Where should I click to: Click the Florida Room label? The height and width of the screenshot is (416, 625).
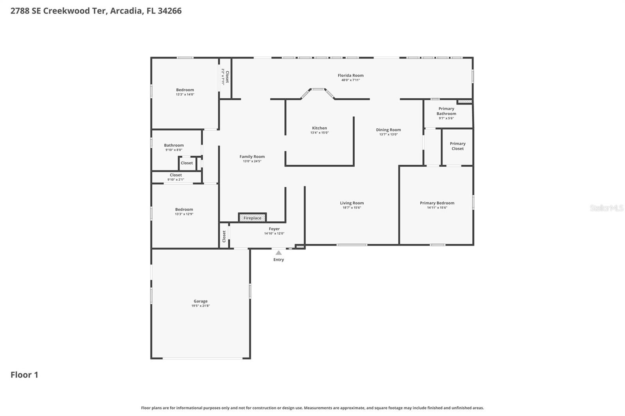(350, 75)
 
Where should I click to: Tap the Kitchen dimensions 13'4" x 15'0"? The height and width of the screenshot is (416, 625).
(319, 133)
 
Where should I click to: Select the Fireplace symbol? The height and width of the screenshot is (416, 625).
(252, 218)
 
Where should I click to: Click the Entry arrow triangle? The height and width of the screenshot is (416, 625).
(279, 253)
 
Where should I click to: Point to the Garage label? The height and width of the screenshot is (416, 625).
(200, 301)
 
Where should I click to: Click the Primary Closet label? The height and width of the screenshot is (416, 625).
(457, 146)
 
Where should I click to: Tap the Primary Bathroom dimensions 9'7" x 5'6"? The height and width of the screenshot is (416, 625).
(446, 118)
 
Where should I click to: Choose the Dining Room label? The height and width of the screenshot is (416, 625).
(388, 130)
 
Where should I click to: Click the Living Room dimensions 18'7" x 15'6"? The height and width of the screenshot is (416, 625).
(352, 208)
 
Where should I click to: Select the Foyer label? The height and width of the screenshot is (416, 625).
(274, 229)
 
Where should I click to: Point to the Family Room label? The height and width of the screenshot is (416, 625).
(252, 156)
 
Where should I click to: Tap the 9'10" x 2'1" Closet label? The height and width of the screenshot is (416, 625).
(176, 175)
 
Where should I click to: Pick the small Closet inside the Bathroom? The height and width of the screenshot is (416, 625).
(187, 163)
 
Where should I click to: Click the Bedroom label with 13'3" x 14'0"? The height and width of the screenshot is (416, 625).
(185, 90)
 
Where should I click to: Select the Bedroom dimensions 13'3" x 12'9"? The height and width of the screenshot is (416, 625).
(184, 214)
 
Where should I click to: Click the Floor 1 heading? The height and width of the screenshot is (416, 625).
(24, 375)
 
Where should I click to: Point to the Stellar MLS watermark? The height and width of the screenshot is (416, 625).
(606, 208)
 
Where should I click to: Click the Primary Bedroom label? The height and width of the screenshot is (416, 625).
(437, 203)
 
